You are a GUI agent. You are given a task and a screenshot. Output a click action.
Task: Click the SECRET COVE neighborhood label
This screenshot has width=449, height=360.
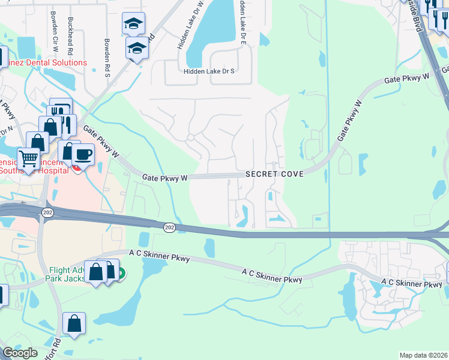274,174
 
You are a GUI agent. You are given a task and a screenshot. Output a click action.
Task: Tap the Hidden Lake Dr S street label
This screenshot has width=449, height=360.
209,71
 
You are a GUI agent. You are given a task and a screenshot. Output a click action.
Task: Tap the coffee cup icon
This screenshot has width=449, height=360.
83,154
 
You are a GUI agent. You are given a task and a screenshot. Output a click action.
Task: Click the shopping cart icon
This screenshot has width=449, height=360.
28,158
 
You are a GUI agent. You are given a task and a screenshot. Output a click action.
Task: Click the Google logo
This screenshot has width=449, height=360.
20,353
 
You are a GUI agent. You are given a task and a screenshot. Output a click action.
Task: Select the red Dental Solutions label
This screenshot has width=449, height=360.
47,62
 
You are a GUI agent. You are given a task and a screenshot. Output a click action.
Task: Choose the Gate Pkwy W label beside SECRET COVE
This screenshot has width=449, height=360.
165,178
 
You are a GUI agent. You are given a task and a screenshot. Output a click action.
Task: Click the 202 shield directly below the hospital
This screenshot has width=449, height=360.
46,212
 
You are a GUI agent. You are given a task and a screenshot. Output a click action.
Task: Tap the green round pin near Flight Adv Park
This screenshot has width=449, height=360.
121,274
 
